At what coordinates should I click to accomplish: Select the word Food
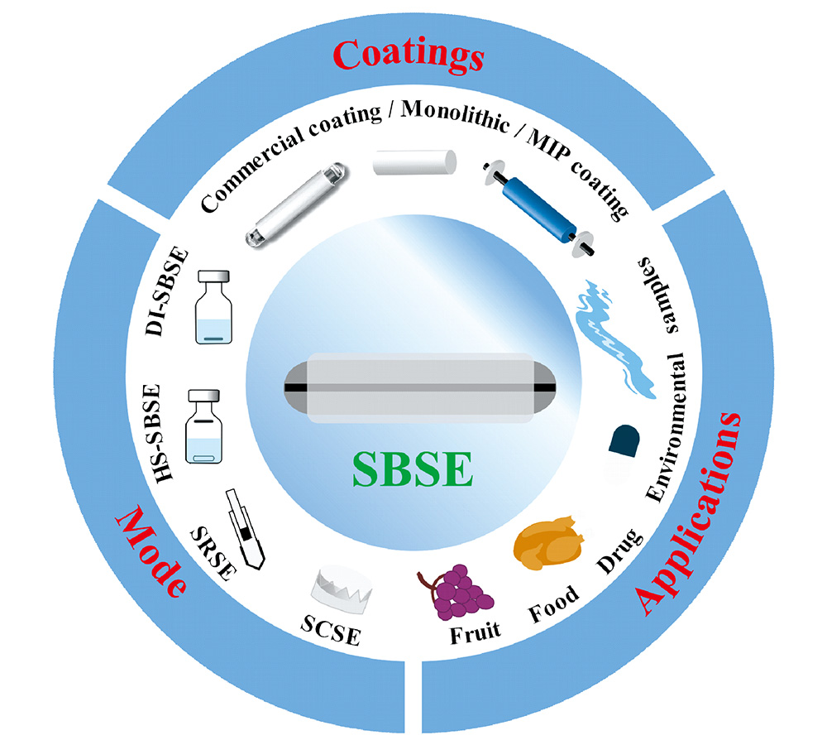pyautogui.click(x=554, y=604)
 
